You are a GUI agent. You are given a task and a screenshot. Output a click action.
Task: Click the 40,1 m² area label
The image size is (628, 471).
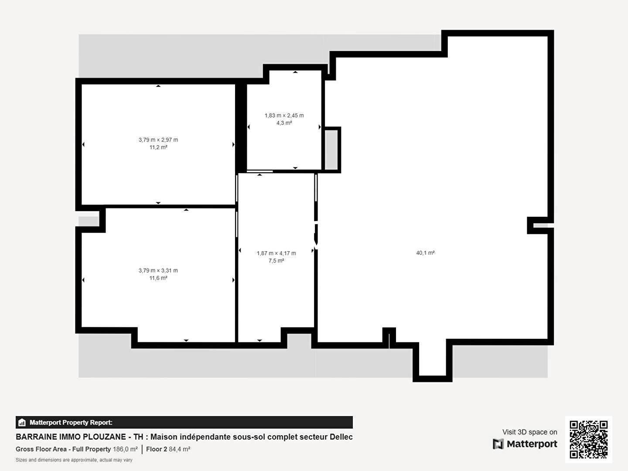tap(425, 253)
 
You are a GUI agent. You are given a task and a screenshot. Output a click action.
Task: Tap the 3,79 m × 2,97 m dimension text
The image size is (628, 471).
tap(158, 140)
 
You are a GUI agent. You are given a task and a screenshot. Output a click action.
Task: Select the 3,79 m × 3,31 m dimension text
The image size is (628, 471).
tap(158, 270)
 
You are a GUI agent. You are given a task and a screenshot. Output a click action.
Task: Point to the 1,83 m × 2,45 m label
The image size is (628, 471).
tap(284, 116)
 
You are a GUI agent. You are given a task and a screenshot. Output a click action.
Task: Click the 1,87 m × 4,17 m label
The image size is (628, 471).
tap(276, 253)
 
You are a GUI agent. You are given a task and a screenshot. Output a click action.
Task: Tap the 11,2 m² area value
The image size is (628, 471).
tap(158, 147)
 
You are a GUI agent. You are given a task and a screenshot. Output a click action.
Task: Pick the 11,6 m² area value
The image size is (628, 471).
tap(158, 278)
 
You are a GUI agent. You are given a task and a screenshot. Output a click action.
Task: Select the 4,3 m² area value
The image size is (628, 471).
tap(284, 123)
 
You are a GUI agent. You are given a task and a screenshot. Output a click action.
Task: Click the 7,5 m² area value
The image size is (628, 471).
tap(276, 261)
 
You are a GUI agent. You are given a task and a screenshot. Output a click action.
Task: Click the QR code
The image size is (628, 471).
tap(588, 440)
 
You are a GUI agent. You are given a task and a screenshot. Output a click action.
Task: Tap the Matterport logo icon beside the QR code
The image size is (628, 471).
tap(498, 444)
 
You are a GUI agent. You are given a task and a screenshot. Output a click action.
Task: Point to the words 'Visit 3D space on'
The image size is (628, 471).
tap(529, 432)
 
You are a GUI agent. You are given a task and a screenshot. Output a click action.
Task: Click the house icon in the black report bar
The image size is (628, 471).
tap(22, 423)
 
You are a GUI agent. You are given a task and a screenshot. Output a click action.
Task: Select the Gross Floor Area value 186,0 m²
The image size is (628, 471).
tap(125, 449)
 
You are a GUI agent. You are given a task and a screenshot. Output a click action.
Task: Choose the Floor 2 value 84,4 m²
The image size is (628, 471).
tap(179, 449)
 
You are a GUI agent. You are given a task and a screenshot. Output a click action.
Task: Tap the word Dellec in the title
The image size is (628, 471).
tap(341, 437)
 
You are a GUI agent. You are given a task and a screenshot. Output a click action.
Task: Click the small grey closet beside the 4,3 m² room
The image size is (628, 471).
tap(331, 150)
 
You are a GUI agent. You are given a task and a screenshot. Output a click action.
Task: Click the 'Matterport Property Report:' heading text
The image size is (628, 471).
tap(71, 423)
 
